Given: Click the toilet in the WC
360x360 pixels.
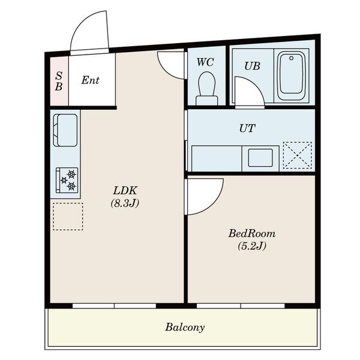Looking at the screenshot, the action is pos(206,88).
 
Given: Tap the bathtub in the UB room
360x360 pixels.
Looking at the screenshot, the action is pos(291,76).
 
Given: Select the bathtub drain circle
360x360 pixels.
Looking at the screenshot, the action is pos(292,58).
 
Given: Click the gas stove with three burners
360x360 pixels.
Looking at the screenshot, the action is pos(67,180).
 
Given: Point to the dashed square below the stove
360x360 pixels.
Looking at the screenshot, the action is pos(68,216).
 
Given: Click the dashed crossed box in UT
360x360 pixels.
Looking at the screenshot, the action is pos(298,155).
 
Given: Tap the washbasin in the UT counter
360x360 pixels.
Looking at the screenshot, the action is pos(260,158).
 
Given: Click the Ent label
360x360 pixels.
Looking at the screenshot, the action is pos(90,80).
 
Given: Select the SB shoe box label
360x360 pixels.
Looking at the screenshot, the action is pos(59,81).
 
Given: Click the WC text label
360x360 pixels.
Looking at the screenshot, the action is pos(205,62).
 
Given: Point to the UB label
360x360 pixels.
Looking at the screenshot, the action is pos(252,66).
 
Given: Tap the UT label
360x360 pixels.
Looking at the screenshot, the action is pos(247,128).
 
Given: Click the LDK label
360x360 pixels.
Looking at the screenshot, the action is pos(125,190).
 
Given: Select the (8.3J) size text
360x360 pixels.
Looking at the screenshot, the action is pos(125,203).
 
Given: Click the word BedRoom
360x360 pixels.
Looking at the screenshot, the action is pos(252,233).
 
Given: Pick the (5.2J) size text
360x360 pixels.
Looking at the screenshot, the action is pos(252,246).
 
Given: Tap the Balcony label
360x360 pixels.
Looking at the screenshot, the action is pos(185,327).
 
